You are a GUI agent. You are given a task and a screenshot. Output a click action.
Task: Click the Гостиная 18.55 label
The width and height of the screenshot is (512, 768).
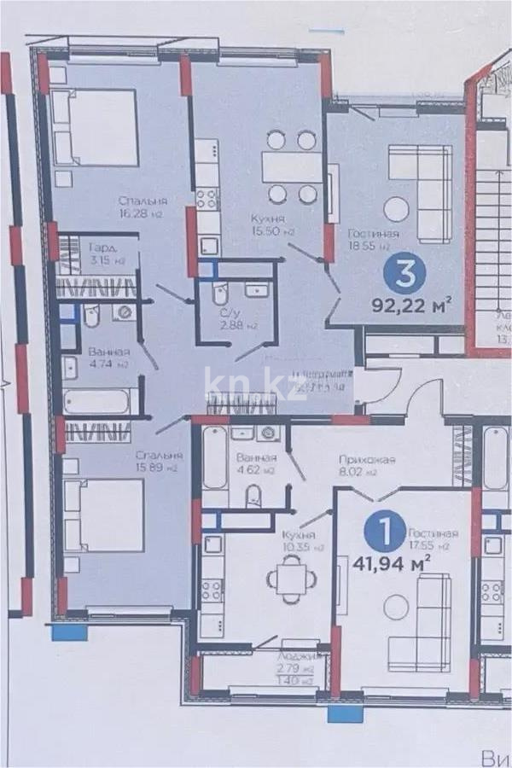point(374,237)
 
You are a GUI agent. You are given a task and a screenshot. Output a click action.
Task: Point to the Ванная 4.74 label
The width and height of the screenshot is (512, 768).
point(108,358)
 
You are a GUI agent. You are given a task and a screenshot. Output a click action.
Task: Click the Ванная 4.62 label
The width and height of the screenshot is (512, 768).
point(256,464)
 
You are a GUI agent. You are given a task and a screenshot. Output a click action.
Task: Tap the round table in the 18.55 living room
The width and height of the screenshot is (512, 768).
point(396,209)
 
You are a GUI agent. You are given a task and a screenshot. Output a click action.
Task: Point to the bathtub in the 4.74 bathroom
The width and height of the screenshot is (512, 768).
point(97,401)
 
